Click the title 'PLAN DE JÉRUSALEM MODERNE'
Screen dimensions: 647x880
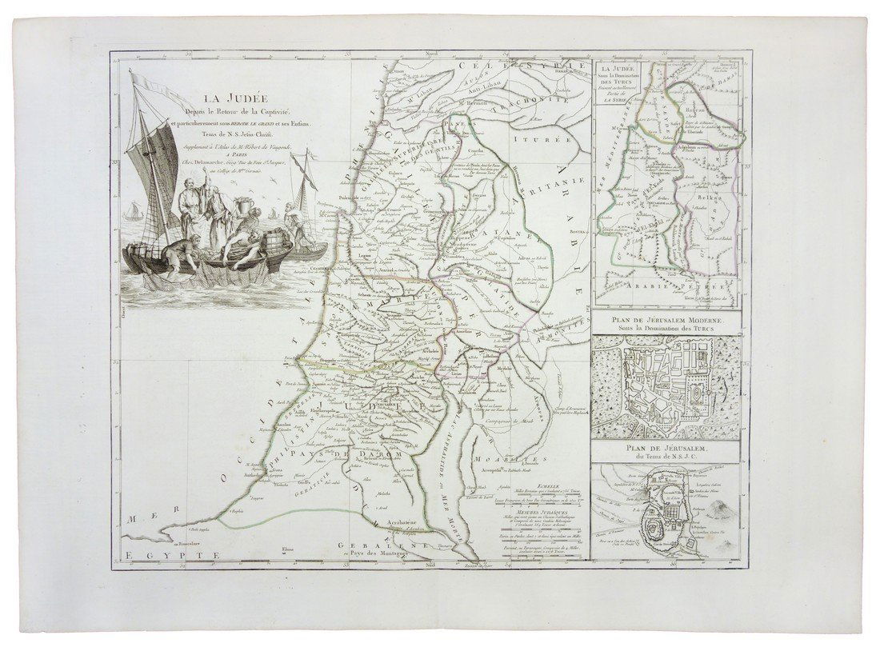coord(669,320)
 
